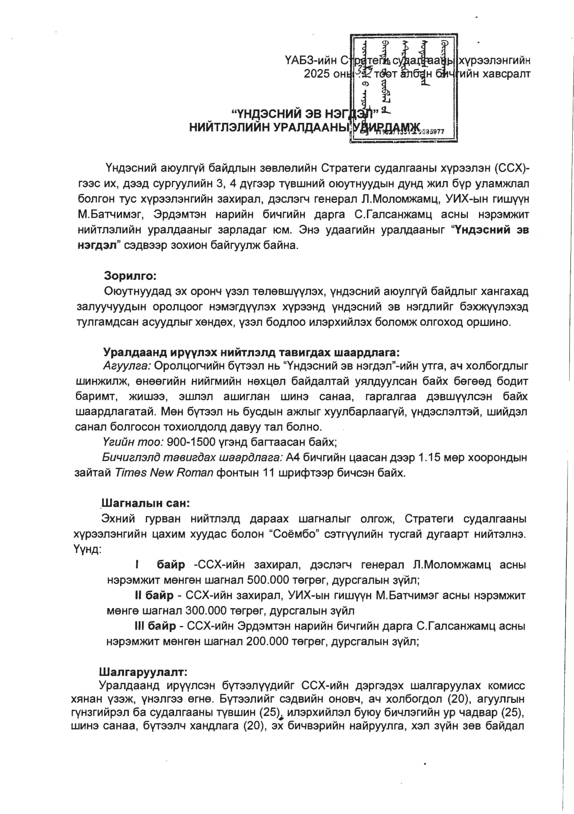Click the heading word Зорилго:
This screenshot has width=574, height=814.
(x=130, y=275)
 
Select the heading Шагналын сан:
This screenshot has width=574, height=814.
(x=145, y=503)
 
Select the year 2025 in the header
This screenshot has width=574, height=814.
(x=317, y=74)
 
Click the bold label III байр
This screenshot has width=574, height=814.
(x=155, y=626)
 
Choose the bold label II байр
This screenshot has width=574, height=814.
(x=153, y=595)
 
